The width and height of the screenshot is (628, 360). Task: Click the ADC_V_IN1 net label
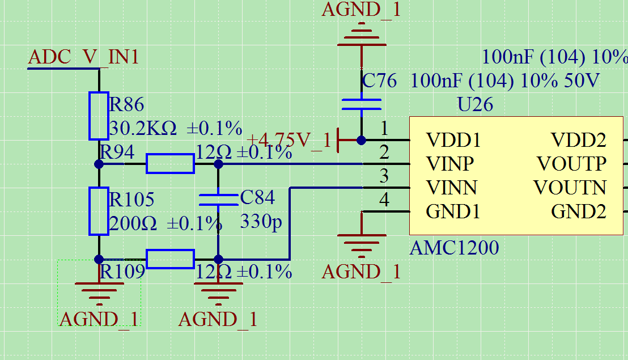83,57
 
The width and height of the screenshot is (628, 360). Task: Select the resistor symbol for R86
99,116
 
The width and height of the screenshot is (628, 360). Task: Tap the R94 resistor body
170,164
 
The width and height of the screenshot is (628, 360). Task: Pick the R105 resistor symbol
99,211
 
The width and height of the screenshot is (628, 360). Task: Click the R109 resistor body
170,259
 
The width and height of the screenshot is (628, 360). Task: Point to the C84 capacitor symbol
218,199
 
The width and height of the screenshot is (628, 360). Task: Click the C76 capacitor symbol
361,104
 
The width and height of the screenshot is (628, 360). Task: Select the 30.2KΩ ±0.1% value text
175,128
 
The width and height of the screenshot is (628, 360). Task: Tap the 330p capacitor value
261,221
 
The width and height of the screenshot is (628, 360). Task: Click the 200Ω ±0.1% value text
165,223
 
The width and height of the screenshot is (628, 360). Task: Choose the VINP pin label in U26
450,164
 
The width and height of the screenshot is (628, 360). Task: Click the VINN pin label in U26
452,188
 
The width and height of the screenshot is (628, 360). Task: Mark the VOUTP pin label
572,164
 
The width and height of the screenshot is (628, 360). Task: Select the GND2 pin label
579,211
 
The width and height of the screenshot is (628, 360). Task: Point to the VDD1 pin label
453,140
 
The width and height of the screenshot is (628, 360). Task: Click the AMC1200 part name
454,248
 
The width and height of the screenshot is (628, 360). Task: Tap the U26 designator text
475,105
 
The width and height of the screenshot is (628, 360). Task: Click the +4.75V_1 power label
288,140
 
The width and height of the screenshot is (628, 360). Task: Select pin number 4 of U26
384,200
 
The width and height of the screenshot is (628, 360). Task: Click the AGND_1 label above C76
361,9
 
